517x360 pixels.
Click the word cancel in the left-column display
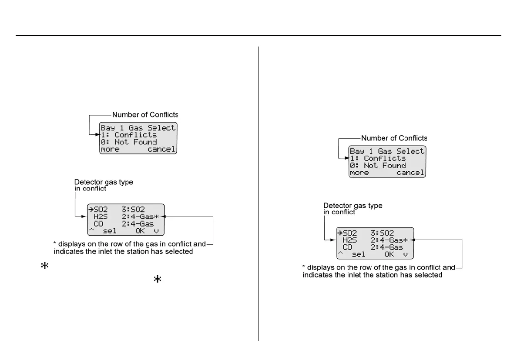161,150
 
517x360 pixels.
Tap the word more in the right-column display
359,173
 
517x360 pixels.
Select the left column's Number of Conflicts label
145,115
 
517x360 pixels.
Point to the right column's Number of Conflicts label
394,138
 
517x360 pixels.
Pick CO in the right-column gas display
347,247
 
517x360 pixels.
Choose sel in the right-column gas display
359,254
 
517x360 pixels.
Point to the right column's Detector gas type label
353,205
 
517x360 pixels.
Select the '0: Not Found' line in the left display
129,142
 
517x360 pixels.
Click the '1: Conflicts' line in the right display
378,158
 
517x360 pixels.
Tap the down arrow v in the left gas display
157,231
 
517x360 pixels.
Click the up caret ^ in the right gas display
339,253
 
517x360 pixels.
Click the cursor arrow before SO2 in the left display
91,210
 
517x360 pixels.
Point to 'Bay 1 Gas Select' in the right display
387,151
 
